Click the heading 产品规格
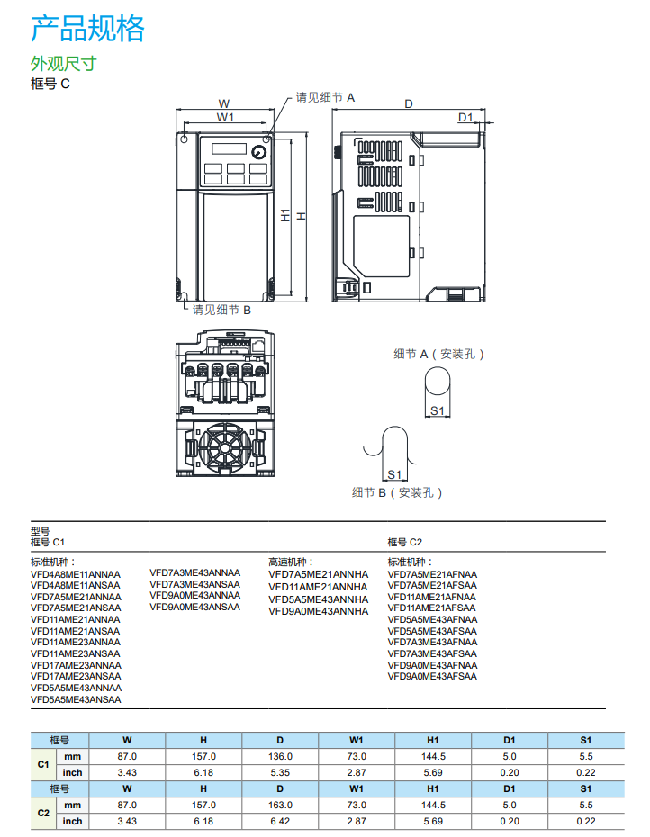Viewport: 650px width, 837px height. point(87,29)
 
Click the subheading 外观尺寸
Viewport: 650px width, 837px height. point(63,64)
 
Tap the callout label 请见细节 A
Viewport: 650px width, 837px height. point(326,97)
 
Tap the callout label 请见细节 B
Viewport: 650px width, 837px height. point(221,309)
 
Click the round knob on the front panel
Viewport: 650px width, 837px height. point(259,151)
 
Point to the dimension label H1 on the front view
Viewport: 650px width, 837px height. point(284,216)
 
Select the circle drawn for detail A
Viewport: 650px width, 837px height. point(438,382)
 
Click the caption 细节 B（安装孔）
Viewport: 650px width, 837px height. point(397,492)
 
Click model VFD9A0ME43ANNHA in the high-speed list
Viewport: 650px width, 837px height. point(318,611)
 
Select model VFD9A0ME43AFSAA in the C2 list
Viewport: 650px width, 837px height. point(432,676)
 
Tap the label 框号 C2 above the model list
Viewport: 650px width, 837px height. point(404,542)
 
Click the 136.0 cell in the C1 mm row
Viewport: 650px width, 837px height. point(281,757)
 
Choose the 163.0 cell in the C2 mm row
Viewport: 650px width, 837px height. point(281,805)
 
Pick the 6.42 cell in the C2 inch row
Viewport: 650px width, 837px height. point(281,821)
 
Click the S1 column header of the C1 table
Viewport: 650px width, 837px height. point(586,740)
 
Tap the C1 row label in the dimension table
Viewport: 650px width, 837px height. point(42,764)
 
